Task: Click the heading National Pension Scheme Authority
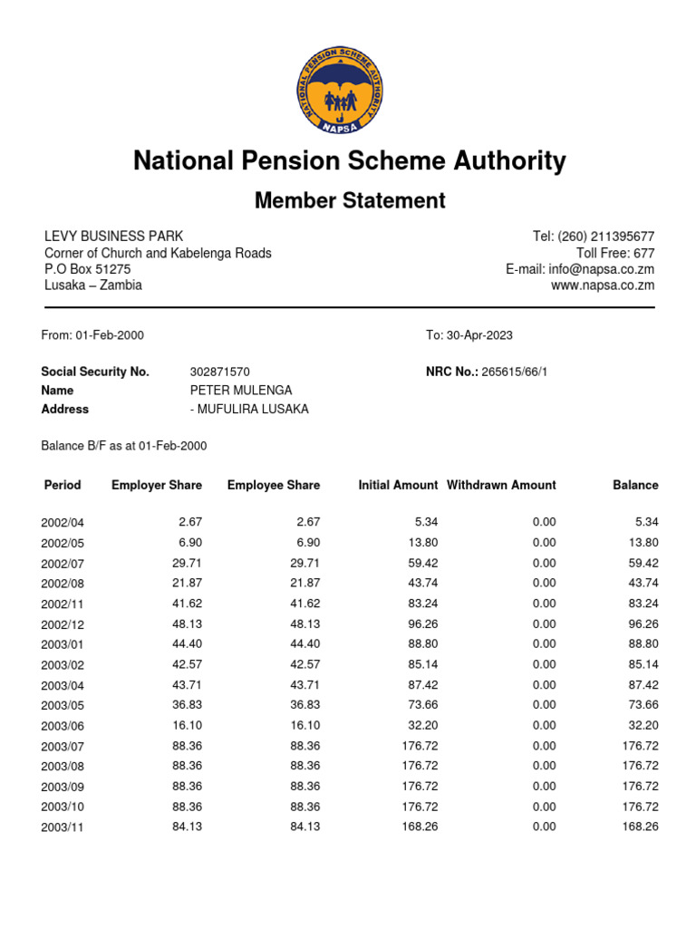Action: [x=349, y=161]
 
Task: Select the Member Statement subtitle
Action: [x=349, y=200]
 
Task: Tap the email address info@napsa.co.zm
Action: [x=601, y=269]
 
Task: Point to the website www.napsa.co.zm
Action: [x=603, y=285]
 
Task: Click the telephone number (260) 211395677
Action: [x=605, y=237]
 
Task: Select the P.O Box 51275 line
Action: [x=88, y=269]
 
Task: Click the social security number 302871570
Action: [x=219, y=372]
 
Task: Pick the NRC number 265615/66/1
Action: [x=515, y=372]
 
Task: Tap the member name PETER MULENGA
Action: [x=241, y=391]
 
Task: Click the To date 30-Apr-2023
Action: [x=478, y=335]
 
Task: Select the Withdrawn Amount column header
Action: [x=501, y=486]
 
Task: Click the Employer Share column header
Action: [x=157, y=486]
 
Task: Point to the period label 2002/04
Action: [x=63, y=523]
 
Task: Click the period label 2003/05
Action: [x=63, y=705]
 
